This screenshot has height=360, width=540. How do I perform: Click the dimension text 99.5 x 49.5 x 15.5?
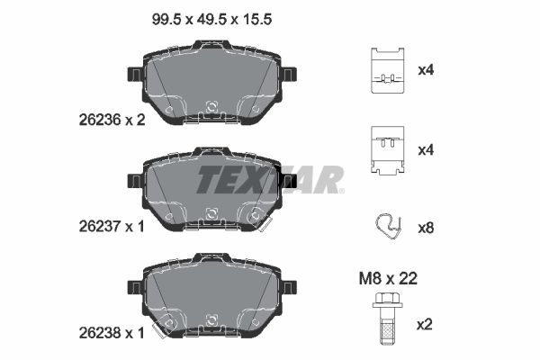(211, 19)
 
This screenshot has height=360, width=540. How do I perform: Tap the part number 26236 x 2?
(112, 120)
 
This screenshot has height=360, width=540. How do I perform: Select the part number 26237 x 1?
(112, 226)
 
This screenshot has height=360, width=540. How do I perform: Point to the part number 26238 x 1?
(112, 333)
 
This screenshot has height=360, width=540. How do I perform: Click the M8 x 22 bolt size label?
(388, 278)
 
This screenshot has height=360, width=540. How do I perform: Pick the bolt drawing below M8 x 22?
(387, 319)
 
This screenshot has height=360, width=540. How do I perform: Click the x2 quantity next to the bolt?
(425, 325)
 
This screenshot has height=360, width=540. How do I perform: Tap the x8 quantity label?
(426, 228)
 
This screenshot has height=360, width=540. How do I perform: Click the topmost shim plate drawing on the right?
(387, 70)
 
